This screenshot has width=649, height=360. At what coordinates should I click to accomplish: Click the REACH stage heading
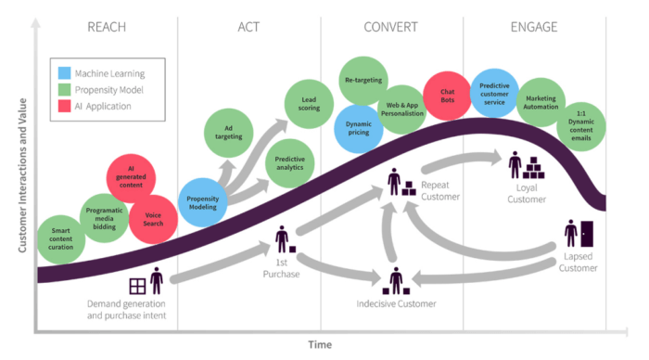click(x=106, y=26)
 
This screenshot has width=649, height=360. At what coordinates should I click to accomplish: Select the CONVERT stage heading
click(x=391, y=26)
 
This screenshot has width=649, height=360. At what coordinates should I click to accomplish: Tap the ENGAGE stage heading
click(x=534, y=26)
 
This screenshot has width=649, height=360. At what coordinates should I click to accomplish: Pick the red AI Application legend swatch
click(x=63, y=107)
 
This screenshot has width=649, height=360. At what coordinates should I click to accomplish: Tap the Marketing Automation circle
click(x=541, y=101)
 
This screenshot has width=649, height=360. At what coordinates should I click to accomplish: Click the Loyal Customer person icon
click(x=515, y=165)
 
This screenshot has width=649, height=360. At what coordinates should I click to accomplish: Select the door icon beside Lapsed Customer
click(x=587, y=233)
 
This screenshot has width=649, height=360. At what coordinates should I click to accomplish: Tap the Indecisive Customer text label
click(x=396, y=303)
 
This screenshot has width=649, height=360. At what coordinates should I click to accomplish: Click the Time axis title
click(x=320, y=344)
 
